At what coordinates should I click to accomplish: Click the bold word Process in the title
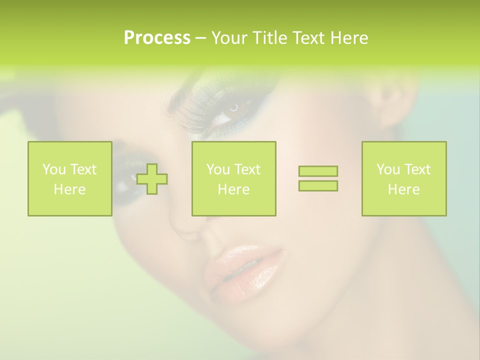pyautogui.click(x=157, y=38)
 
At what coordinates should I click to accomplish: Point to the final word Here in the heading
pyautogui.click(x=349, y=38)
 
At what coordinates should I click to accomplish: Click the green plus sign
pyautogui.click(x=152, y=179)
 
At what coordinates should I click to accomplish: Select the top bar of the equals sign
pyautogui.click(x=318, y=171)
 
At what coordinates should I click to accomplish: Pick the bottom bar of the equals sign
pyautogui.click(x=318, y=186)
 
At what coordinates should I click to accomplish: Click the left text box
pyautogui.click(x=70, y=179)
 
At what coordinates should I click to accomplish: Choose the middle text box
pyautogui.click(x=233, y=179)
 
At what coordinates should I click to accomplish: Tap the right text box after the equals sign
pyautogui.click(x=404, y=179)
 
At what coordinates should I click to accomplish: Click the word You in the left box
pyautogui.click(x=53, y=169)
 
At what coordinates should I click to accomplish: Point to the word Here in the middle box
pyautogui.click(x=233, y=189)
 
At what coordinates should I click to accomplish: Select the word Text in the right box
pyautogui.click(x=417, y=169)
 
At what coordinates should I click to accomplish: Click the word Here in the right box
pyautogui.click(x=404, y=189)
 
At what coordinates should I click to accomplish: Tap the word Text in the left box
pyautogui.click(x=83, y=169)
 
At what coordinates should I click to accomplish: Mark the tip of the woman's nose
pyautogui.click(x=187, y=227)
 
